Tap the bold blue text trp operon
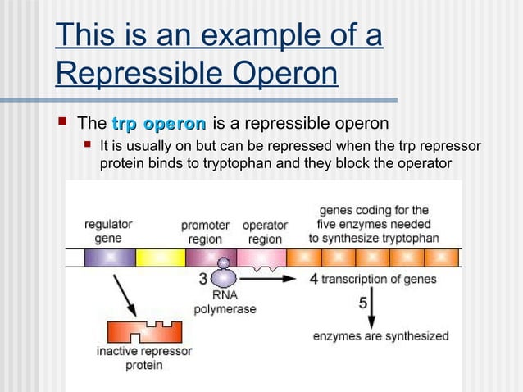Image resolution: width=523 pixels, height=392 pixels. pyautogui.click(x=158, y=125)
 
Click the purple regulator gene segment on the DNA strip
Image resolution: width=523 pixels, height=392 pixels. pyautogui.click(x=109, y=257)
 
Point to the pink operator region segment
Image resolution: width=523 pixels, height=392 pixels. pyautogui.click(x=261, y=258)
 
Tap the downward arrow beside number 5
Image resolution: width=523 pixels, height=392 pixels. pyautogui.click(x=371, y=312)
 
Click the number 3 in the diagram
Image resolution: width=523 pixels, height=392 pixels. pyautogui.click(x=203, y=279)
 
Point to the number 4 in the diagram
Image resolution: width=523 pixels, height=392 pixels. pyautogui.click(x=313, y=279)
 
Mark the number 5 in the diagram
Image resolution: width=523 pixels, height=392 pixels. pyautogui.click(x=362, y=303)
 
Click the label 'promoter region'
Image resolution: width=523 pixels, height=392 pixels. pyautogui.click(x=205, y=232)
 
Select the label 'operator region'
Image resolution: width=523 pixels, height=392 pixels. pyautogui.click(x=264, y=232)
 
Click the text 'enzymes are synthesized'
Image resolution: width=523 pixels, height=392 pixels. pyautogui.click(x=380, y=335)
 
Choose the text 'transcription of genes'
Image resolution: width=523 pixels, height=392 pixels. pyautogui.click(x=379, y=279)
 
